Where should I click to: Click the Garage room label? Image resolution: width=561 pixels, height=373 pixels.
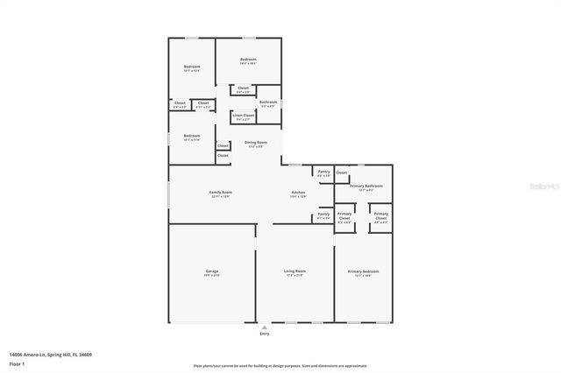(x=211, y=271)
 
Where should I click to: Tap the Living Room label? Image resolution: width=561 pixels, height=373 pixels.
(x=295, y=271)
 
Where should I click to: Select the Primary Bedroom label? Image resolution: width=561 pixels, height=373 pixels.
(x=363, y=271)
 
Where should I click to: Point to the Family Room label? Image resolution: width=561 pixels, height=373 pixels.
(x=220, y=192)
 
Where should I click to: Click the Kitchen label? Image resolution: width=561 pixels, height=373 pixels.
(x=298, y=192)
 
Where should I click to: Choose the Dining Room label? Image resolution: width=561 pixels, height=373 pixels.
(x=256, y=142)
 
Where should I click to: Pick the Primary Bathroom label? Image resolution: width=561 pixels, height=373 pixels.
(x=366, y=186)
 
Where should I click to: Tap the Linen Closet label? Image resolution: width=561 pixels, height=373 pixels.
(x=244, y=116)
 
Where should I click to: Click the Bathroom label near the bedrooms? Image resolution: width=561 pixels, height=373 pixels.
(x=268, y=102)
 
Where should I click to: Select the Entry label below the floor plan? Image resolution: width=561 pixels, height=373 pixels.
(x=265, y=334)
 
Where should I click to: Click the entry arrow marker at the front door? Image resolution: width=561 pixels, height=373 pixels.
(x=265, y=327)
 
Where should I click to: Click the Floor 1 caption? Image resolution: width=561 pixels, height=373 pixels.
(x=18, y=362)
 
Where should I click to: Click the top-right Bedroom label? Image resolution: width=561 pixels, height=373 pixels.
(x=248, y=59)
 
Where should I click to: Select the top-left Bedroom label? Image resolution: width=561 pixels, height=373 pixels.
(x=192, y=67)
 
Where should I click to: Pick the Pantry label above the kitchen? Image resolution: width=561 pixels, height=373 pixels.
(x=323, y=172)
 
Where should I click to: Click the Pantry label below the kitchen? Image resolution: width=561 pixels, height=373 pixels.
(x=323, y=214)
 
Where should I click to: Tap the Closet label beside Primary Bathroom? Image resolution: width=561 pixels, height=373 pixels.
(x=342, y=172)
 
